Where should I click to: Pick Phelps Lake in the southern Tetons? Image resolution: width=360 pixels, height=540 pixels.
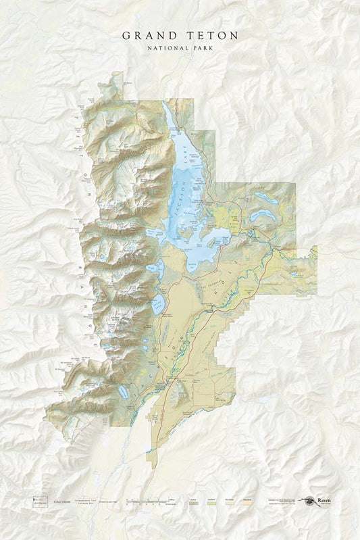click(x=123, y=391)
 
